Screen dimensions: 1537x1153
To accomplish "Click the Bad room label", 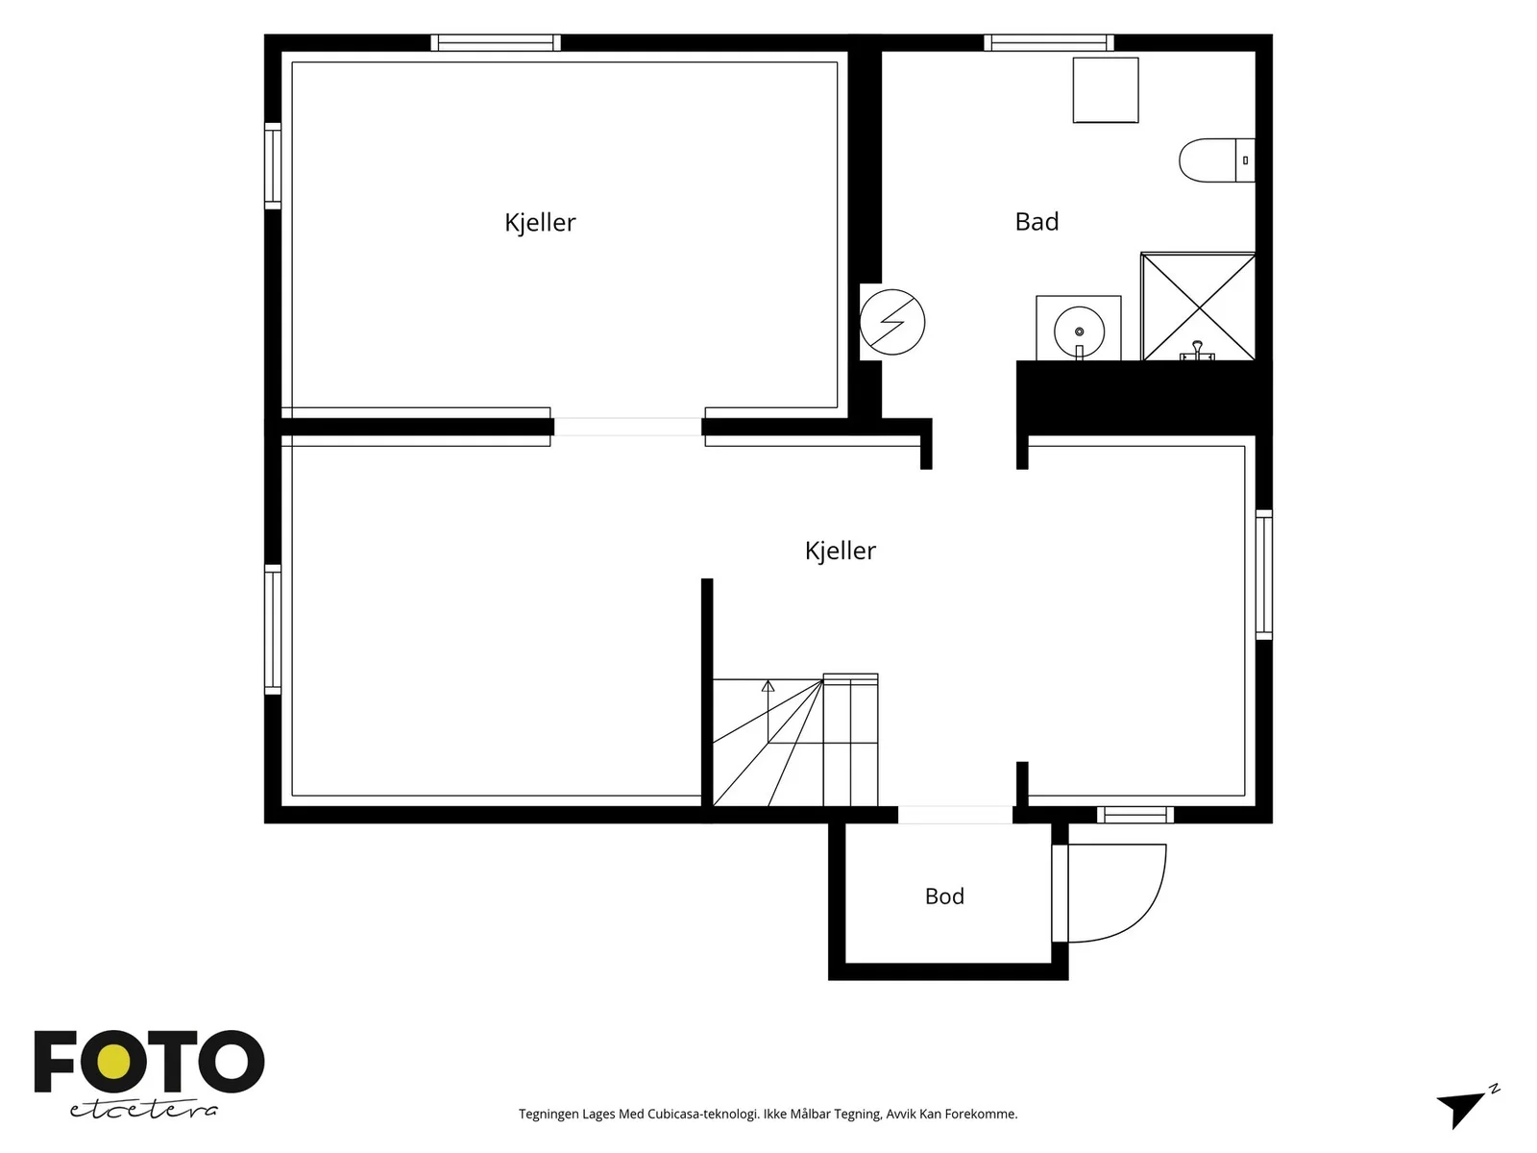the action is (x=1037, y=221).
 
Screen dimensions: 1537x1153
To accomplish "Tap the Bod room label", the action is (x=944, y=896).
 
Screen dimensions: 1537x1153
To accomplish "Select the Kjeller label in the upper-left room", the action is (x=540, y=223).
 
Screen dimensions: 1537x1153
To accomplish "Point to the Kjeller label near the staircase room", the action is (x=841, y=551).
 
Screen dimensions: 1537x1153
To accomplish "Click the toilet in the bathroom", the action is (x=1216, y=160).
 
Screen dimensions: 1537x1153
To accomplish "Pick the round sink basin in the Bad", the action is (x=1079, y=331).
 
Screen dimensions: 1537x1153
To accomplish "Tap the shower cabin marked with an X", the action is (x=1198, y=307).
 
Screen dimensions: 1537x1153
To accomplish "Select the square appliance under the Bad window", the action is (x=1106, y=90).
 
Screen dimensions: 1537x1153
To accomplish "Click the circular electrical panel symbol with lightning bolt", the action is (x=892, y=322).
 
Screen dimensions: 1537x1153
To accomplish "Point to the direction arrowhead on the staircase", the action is (x=768, y=686).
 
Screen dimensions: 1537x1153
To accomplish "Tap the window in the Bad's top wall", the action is (x=1049, y=42).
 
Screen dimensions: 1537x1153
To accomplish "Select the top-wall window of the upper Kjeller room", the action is (x=496, y=42).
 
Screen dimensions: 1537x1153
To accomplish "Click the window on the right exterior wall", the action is (x=1264, y=575).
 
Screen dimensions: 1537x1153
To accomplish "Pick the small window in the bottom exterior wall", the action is (x=1135, y=814).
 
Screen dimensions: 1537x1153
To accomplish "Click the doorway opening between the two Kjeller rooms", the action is (x=627, y=427).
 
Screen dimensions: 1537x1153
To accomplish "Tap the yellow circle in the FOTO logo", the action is (x=114, y=1062).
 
